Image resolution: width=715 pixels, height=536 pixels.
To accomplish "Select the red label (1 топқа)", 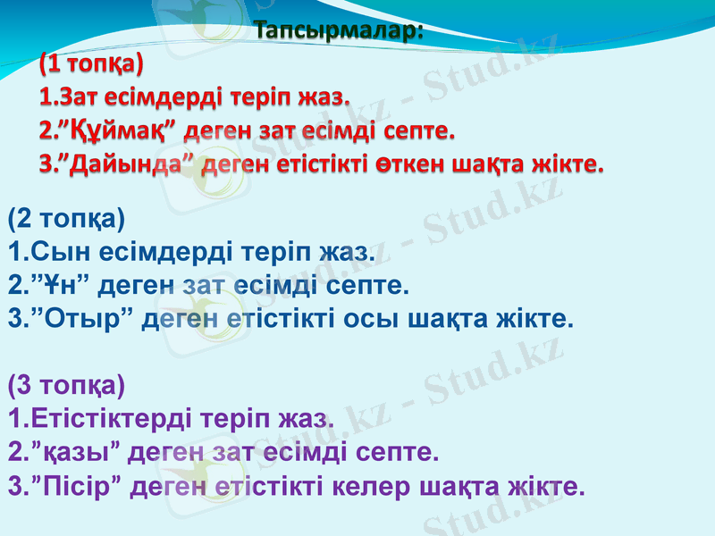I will (x=90, y=63).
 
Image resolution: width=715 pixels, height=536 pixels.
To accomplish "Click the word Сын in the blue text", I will (x=50, y=253).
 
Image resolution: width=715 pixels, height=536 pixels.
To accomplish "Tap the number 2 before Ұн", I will (x=13, y=286).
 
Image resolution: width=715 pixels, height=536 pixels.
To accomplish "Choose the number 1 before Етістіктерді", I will (x=12, y=419).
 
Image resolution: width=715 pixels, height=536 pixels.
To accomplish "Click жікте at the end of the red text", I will (x=568, y=165).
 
